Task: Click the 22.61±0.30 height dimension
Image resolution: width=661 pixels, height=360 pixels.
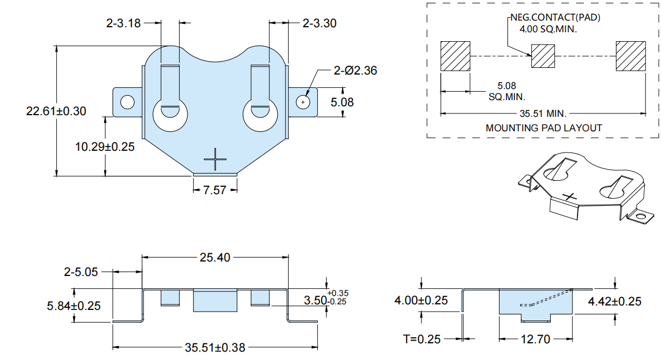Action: pyautogui.click(x=56, y=111)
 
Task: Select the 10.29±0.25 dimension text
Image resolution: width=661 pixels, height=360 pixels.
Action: pyautogui.click(x=105, y=147)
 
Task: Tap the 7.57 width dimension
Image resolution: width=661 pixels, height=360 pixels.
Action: pyautogui.click(x=215, y=190)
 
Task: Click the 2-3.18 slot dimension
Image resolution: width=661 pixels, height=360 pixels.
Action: pyautogui.click(x=124, y=23)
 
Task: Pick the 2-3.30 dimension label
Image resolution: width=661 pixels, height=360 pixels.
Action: pyautogui.click(x=319, y=23)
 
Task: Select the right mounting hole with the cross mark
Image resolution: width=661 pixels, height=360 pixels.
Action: pyautogui.click(x=303, y=102)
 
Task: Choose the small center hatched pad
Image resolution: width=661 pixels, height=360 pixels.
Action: pyautogui.click(x=543, y=56)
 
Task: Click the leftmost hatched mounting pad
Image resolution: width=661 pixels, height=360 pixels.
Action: pyautogui.click(x=455, y=56)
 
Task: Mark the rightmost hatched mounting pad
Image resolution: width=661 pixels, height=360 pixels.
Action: pyautogui.click(x=632, y=56)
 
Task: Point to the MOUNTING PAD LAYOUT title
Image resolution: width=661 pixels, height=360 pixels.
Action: pyautogui.click(x=544, y=128)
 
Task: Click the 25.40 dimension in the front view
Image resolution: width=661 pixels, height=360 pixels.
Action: pyautogui.click(x=215, y=258)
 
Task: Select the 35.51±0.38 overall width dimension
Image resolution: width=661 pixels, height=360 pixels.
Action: pyautogui.click(x=215, y=348)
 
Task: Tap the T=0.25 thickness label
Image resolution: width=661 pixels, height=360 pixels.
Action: pyautogui.click(x=421, y=339)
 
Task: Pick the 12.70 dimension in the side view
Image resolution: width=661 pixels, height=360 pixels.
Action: pyautogui.click(x=535, y=339)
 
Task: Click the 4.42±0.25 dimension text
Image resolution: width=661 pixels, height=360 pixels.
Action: pyautogui.click(x=614, y=301)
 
